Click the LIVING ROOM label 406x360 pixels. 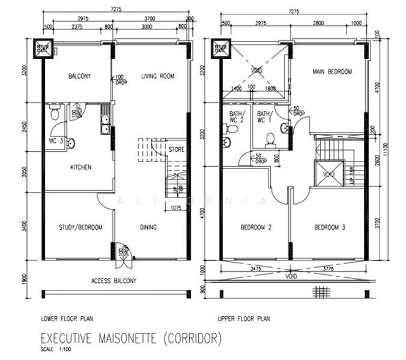(x=157, y=76)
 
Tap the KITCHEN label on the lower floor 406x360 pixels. (x=80, y=167)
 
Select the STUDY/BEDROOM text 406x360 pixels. (x=80, y=227)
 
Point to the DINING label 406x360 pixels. (x=148, y=227)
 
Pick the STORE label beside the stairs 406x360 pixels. (x=176, y=149)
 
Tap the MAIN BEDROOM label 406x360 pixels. (x=332, y=71)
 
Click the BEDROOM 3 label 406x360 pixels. (x=329, y=227)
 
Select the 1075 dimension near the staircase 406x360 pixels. (x=175, y=208)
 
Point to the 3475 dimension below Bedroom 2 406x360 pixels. (x=257, y=268)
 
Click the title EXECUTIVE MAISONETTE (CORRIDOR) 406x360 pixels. (x=131, y=339)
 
